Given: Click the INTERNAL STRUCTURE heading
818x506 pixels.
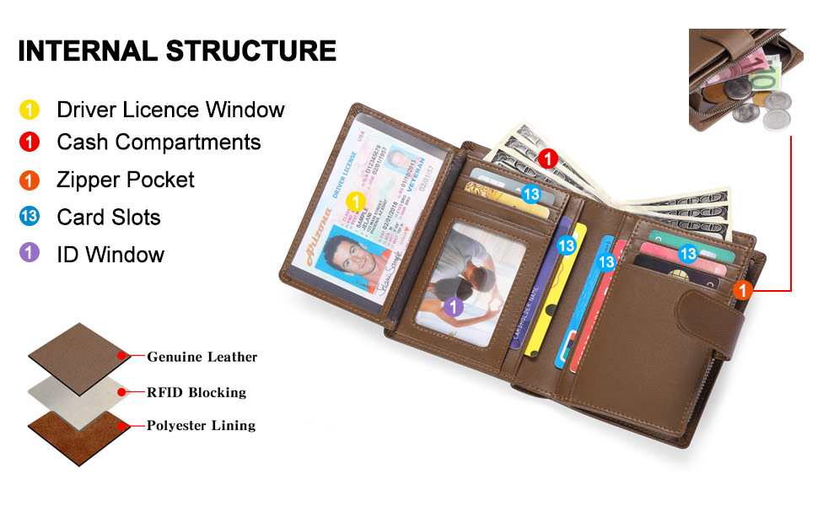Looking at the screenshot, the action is [x=177, y=51].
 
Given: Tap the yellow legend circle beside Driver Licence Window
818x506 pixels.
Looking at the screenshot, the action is [x=30, y=110].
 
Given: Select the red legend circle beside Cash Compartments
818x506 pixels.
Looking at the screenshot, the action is [x=30, y=142].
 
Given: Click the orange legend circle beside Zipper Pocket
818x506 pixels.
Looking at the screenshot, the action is [x=30, y=180].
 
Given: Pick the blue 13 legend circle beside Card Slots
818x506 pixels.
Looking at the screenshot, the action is [x=30, y=217].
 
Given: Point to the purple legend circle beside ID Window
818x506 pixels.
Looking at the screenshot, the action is [x=30, y=254].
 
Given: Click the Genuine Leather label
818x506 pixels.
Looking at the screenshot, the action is [x=202, y=357].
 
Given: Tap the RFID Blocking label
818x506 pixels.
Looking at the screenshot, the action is [x=196, y=392].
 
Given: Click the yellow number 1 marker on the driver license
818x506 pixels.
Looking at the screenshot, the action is [x=356, y=202].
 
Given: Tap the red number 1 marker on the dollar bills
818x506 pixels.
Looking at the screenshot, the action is [x=546, y=158].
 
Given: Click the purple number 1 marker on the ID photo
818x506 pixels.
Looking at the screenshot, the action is [x=454, y=307].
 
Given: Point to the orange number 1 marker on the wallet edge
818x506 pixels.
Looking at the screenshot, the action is [x=742, y=290].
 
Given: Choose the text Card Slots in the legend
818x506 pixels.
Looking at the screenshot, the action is [x=108, y=217].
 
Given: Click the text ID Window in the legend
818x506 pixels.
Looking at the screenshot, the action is [x=110, y=254].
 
